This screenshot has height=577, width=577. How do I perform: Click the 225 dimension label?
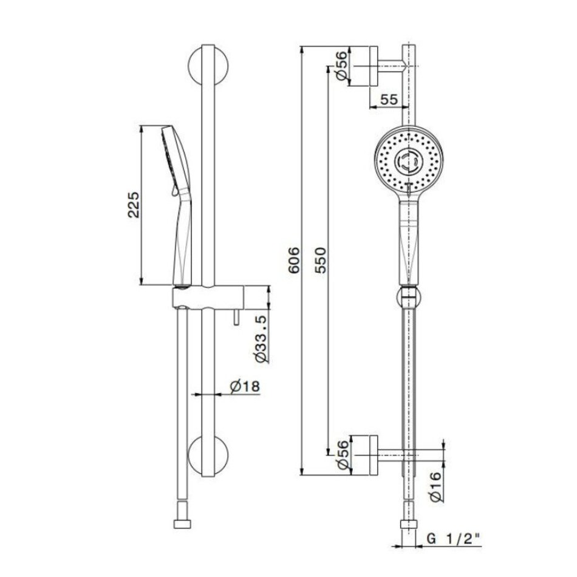[x=134, y=205]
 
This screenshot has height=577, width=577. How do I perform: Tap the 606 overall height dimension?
[x=293, y=261]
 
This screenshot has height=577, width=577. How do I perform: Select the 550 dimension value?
[x=320, y=261]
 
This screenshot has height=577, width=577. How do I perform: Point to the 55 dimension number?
[x=389, y=100]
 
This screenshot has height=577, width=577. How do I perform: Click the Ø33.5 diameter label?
[x=262, y=339]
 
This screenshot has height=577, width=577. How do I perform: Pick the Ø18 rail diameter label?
[x=245, y=386]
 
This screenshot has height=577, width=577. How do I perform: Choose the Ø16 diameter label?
[x=435, y=487]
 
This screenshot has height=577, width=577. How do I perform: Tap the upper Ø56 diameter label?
[x=341, y=66]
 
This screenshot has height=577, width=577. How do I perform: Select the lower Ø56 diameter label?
[x=342, y=455]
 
